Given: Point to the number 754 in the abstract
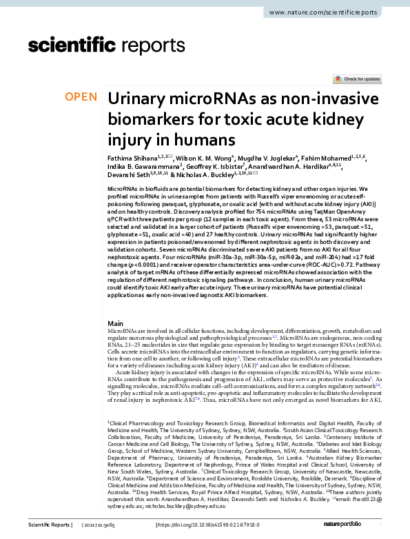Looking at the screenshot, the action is tap(254, 210).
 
